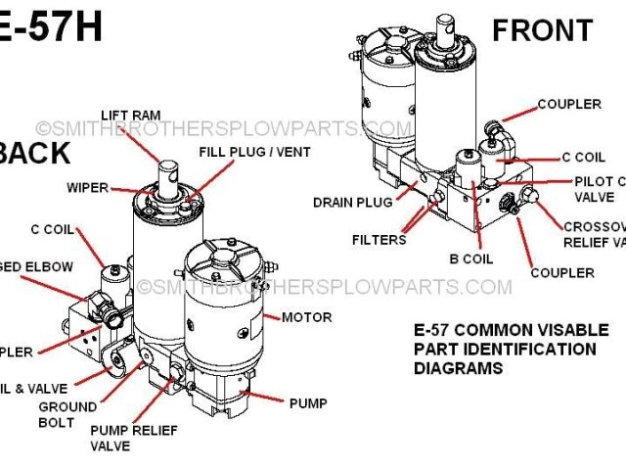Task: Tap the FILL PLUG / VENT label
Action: coord(251,153)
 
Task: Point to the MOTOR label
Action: coord(306,317)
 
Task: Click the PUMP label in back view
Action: coord(307,402)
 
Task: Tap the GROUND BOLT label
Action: coord(67,414)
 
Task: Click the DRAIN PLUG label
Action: coord(352,203)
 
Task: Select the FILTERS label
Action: coord(380,239)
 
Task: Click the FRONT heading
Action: coord(542,30)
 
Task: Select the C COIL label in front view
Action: coord(585,157)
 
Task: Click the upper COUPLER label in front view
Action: coord(568,104)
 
